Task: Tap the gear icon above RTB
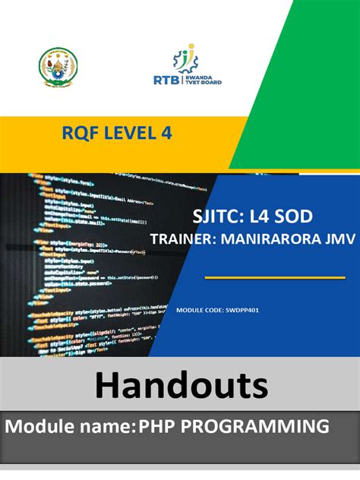click(x=185, y=58)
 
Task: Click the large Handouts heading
click(x=181, y=386)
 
